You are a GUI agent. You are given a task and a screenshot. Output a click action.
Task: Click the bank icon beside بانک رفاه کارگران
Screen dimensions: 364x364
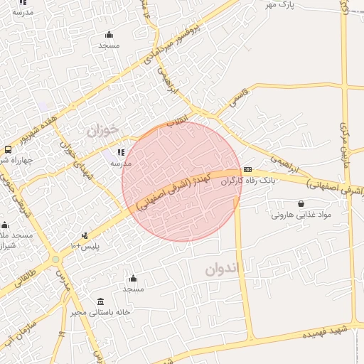[x=247, y=169]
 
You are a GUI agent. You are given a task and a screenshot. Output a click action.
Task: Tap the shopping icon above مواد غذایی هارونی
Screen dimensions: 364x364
[x=301, y=203]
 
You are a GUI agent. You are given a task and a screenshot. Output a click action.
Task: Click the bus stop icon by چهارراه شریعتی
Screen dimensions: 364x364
[x=7, y=149]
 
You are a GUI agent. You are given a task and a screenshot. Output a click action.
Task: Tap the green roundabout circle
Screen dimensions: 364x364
[x=55, y=259]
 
